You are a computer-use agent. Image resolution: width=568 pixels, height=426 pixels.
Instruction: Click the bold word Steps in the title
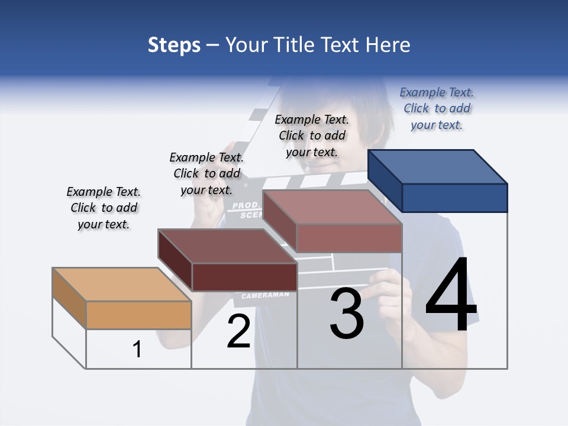[x=174, y=45]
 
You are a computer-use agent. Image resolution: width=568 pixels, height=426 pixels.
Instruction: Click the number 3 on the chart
[x=346, y=314]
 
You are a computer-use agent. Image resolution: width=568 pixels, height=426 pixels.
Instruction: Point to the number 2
[x=238, y=332]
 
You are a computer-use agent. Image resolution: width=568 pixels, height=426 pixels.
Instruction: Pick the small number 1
[x=137, y=350]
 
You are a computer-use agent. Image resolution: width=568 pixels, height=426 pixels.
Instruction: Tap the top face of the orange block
[x=121, y=285]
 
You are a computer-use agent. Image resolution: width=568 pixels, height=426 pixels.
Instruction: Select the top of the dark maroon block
[x=227, y=246]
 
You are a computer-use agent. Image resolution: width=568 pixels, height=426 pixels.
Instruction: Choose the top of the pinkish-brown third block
[x=332, y=207]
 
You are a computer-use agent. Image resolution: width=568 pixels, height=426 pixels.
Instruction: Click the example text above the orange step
[x=104, y=208]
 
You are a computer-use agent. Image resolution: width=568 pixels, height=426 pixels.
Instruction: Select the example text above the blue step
[x=437, y=108]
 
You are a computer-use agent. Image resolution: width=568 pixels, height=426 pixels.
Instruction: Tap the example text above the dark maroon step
[x=206, y=173]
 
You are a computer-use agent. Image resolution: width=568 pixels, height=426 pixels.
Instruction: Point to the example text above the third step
[x=312, y=135]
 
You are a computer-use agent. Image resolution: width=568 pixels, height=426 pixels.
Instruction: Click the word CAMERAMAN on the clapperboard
[x=265, y=295]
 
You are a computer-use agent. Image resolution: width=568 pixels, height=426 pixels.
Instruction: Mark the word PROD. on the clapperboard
[x=243, y=206]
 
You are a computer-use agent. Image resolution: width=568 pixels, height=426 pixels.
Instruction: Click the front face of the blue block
[x=454, y=198]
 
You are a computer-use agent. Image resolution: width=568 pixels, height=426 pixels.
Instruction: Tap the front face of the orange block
[x=138, y=315]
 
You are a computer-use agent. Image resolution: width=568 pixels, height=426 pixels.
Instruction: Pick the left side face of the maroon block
[x=175, y=260]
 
